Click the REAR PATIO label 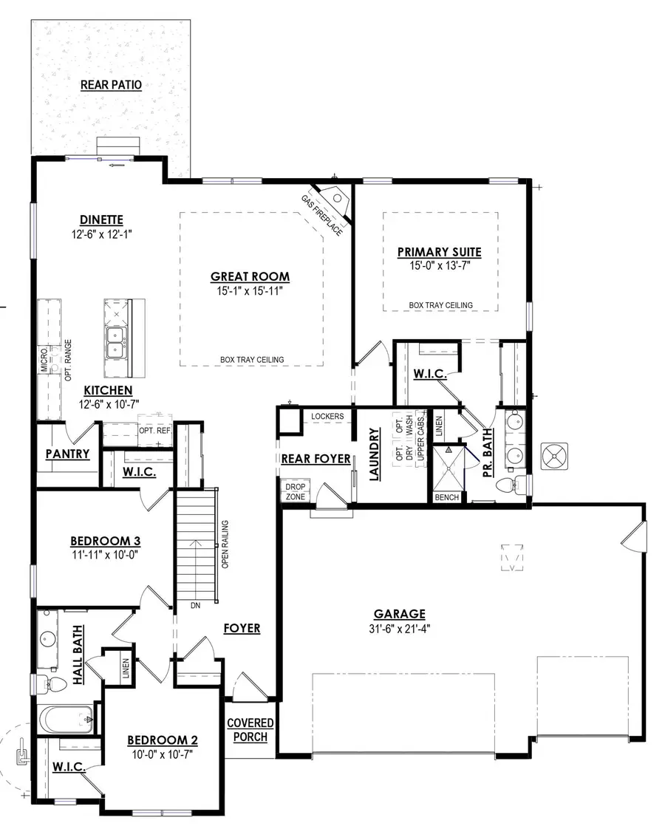[111, 85]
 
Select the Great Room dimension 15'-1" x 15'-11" [250, 292]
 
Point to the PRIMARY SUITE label [439, 252]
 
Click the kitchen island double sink [115, 342]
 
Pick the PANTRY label [67, 454]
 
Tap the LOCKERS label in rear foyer [327, 417]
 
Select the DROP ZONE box [295, 491]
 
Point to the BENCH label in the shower [447, 498]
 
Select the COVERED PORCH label [250, 730]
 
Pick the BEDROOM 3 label [104, 541]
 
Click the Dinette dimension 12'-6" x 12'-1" [101, 234]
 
